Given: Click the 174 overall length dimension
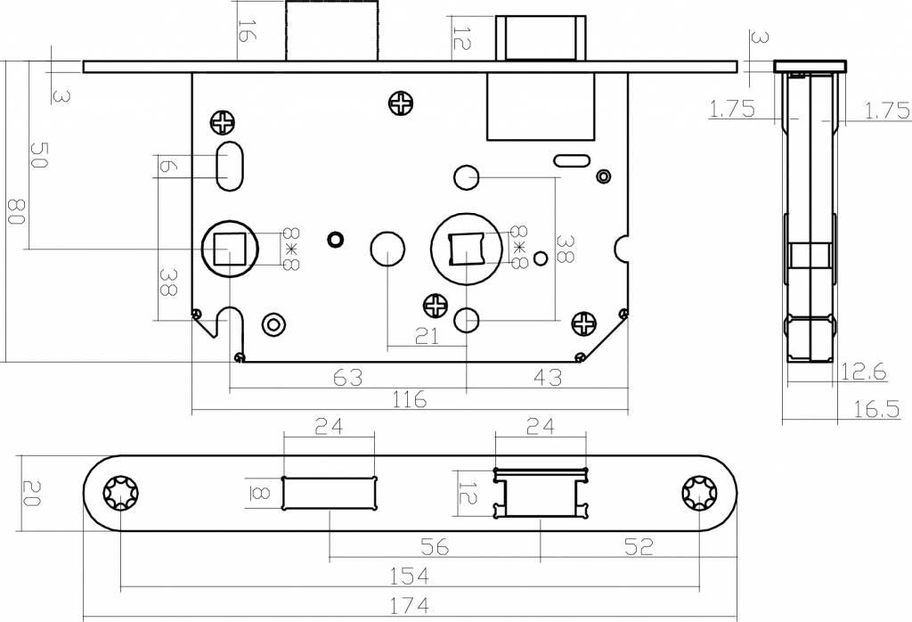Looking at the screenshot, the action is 409,606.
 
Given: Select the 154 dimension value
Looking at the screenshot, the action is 409,576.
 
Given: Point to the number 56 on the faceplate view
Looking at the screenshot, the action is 435,547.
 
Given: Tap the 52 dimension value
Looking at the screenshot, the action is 639,546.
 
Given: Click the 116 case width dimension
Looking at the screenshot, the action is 410,400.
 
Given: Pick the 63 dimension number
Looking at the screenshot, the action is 348,378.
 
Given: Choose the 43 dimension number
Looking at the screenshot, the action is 548,378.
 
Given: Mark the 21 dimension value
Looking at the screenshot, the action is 427,336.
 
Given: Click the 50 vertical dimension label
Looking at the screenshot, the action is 38,155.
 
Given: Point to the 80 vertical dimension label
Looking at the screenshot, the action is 16,212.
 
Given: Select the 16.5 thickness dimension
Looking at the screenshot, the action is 876,409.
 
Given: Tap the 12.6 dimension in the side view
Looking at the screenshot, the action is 864,372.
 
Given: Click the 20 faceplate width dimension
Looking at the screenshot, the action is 31,493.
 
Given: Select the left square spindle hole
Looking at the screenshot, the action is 229,249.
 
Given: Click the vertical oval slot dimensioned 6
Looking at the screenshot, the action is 229,166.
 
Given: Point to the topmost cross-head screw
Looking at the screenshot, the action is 402,103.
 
